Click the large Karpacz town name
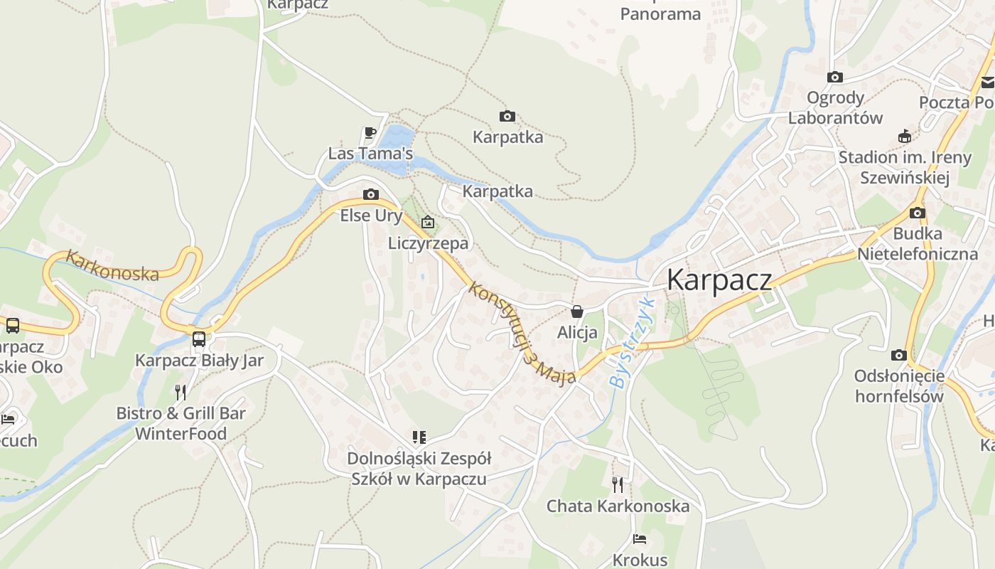(x=719, y=280)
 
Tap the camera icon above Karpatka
(x=507, y=116)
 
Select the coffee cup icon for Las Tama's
(x=370, y=132)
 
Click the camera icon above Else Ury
(x=370, y=194)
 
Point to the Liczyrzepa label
(x=428, y=243)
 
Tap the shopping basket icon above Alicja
(x=577, y=312)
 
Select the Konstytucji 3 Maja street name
(x=522, y=334)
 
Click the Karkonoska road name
(x=112, y=265)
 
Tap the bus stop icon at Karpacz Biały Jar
(x=199, y=339)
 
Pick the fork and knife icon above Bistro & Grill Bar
(x=181, y=392)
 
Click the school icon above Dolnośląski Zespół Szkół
(x=419, y=437)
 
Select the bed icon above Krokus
(x=640, y=539)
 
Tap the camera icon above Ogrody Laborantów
(x=835, y=77)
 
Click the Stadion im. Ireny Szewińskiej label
(x=904, y=167)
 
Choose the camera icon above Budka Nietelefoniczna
(x=918, y=213)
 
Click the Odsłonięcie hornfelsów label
(x=899, y=385)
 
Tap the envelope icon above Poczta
(x=988, y=82)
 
